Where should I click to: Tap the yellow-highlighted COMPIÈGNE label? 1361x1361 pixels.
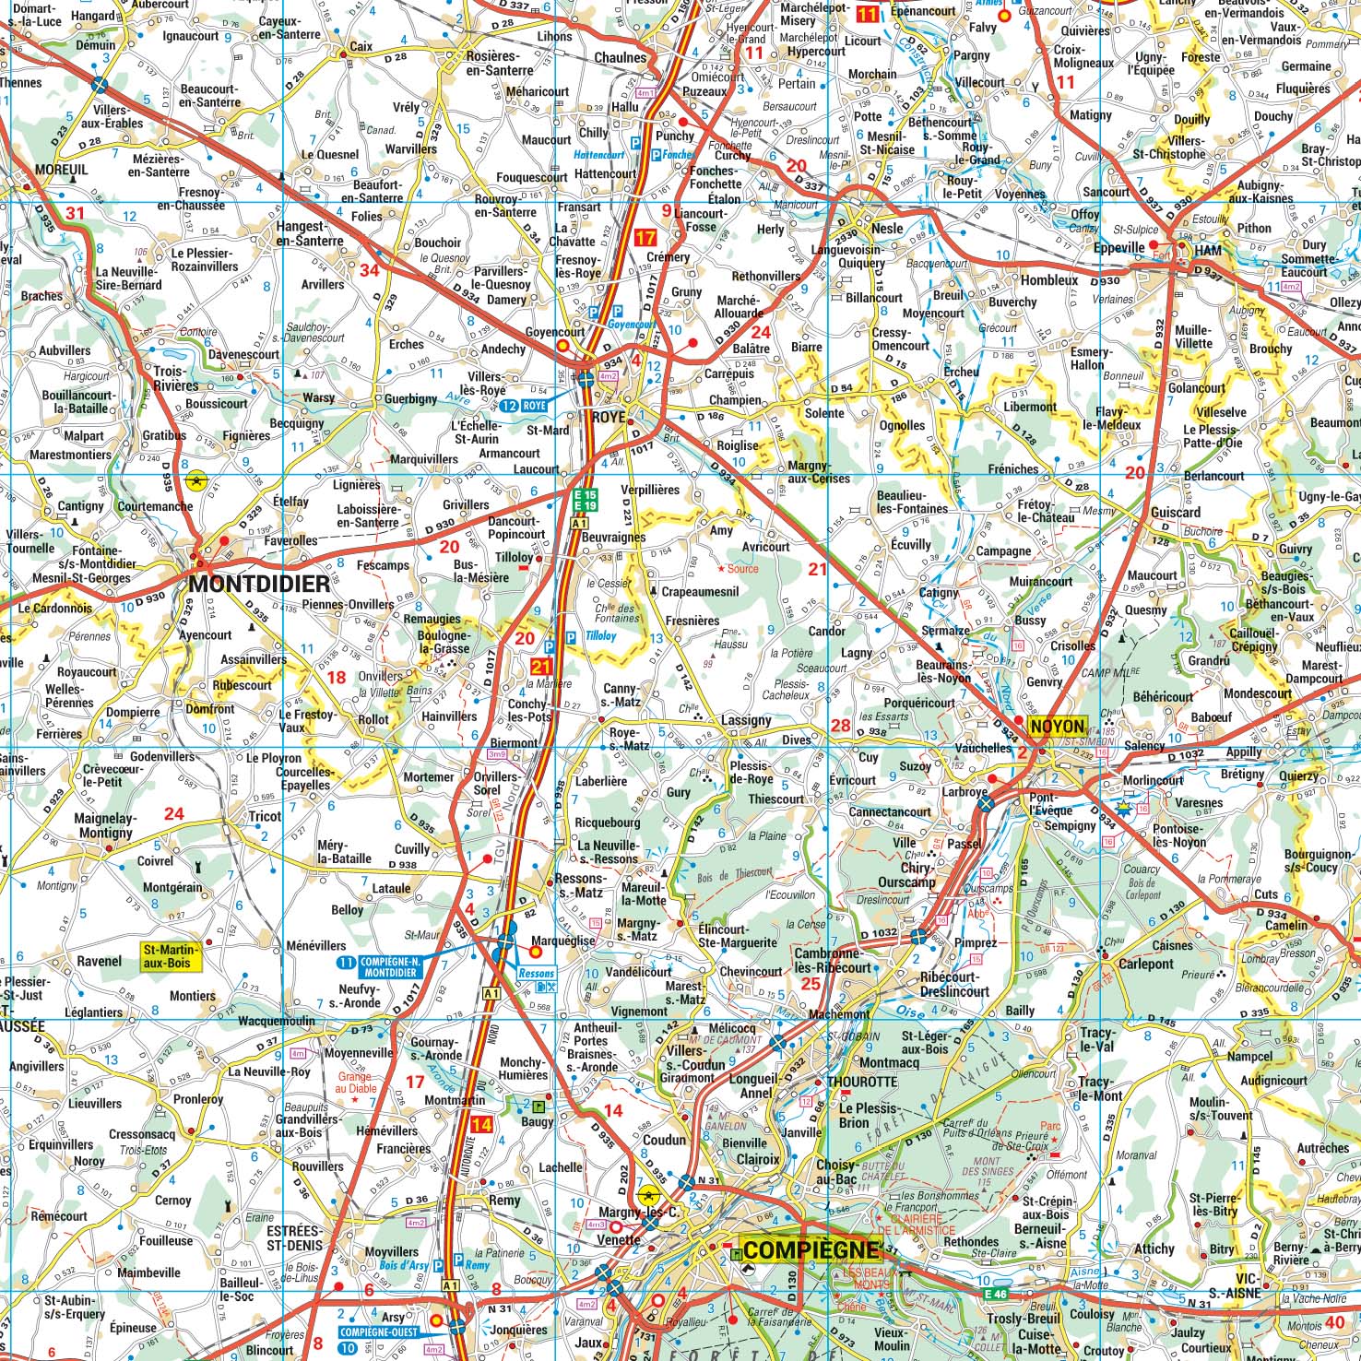tap(810, 1250)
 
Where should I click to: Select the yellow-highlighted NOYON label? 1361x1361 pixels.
tap(1057, 726)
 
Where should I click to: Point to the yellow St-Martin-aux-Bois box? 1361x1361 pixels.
tap(170, 955)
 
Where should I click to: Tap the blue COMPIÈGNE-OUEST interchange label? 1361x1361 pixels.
tap(379, 1332)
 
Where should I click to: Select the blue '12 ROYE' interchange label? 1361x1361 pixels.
tap(526, 406)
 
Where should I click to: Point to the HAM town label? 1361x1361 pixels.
tap(1207, 251)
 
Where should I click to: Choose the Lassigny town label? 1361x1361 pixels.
tap(746, 720)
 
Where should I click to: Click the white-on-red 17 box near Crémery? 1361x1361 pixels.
tap(645, 238)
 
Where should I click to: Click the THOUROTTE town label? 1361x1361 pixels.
tap(861, 1082)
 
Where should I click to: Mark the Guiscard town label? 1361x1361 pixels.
tap(1176, 512)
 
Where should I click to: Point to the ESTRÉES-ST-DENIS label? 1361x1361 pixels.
tap(293, 1237)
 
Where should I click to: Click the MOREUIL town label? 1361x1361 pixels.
tap(62, 171)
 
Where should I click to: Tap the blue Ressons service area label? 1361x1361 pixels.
tap(536, 973)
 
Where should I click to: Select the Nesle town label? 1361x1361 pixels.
tap(887, 228)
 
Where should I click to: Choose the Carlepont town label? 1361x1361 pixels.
tap(1146, 964)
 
